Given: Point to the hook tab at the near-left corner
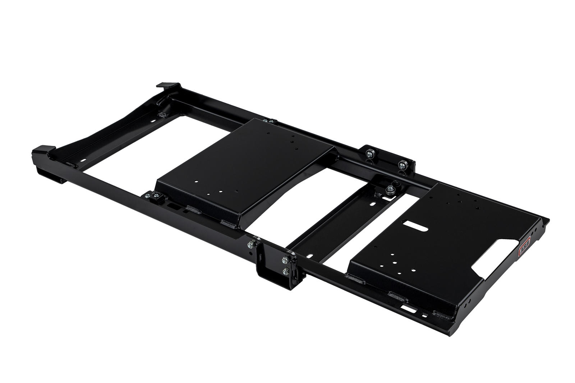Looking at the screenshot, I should [x=43, y=149].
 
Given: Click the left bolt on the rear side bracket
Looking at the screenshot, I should [x=369, y=154].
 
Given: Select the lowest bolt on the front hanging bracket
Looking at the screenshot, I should [x=286, y=272].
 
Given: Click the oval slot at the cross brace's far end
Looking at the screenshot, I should [x=376, y=204].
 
